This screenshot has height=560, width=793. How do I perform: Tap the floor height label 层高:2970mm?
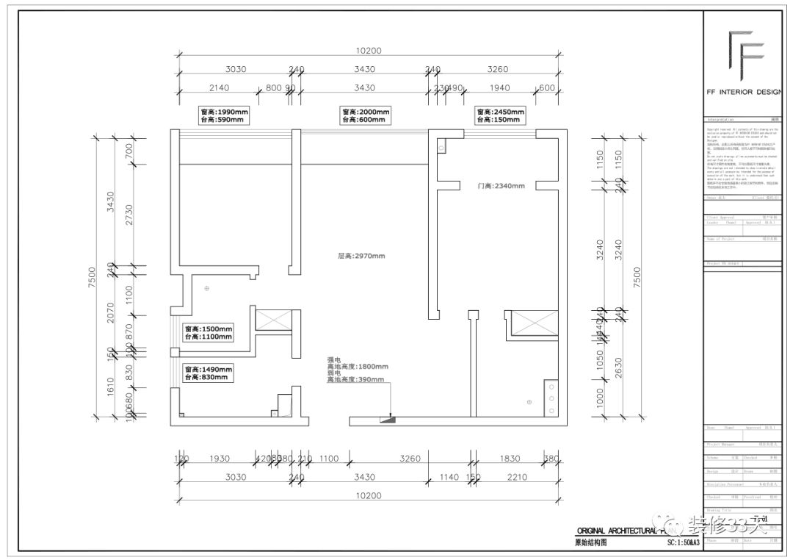pos(361,256)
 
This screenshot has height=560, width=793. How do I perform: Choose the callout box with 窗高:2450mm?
pos(501,115)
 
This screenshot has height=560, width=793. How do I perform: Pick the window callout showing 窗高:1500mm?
pos(209,332)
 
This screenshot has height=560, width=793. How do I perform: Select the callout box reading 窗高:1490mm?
pos(209,373)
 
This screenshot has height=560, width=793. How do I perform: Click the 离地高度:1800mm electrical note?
pos(358,367)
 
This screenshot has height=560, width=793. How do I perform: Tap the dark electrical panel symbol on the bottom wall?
pos(387,420)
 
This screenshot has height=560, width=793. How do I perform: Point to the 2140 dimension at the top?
pos(219,87)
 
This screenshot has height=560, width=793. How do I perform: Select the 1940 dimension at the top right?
pos(499,87)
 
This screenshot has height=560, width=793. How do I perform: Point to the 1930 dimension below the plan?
pos(219,459)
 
